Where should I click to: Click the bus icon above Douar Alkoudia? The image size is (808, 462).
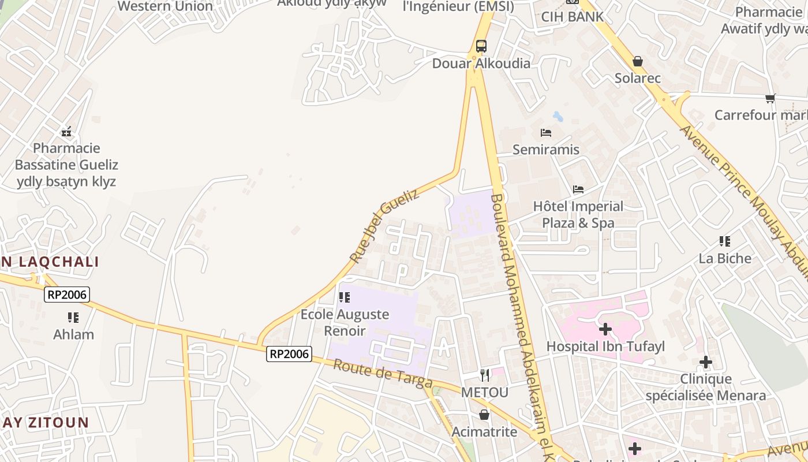[x=481, y=46]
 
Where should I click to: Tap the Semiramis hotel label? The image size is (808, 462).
[x=546, y=150]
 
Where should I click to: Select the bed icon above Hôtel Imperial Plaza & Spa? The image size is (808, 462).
[x=578, y=189]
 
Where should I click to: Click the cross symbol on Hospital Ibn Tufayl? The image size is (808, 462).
[x=605, y=329]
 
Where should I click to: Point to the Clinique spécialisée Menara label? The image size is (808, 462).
[x=705, y=388]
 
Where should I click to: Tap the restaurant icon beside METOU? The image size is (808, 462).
[x=485, y=375]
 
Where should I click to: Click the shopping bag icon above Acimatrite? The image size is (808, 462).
[x=484, y=415]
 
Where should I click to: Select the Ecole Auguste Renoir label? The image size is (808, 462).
[x=345, y=323]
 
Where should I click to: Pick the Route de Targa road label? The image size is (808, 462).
[x=383, y=374]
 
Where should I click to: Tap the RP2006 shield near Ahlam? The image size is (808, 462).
[x=67, y=295]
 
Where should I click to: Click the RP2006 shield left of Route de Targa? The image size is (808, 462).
[x=289, y=354]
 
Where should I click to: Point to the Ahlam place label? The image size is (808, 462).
[x=73, y=334]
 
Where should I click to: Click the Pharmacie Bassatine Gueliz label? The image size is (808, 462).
[x=66, y=165]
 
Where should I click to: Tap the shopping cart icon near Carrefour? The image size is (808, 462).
[x=770, y=99]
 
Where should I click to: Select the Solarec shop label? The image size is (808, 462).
[x=637, y=78]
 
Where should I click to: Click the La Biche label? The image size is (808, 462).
[x=725, y=258]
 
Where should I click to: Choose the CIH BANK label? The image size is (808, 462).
[x=572, y=17]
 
